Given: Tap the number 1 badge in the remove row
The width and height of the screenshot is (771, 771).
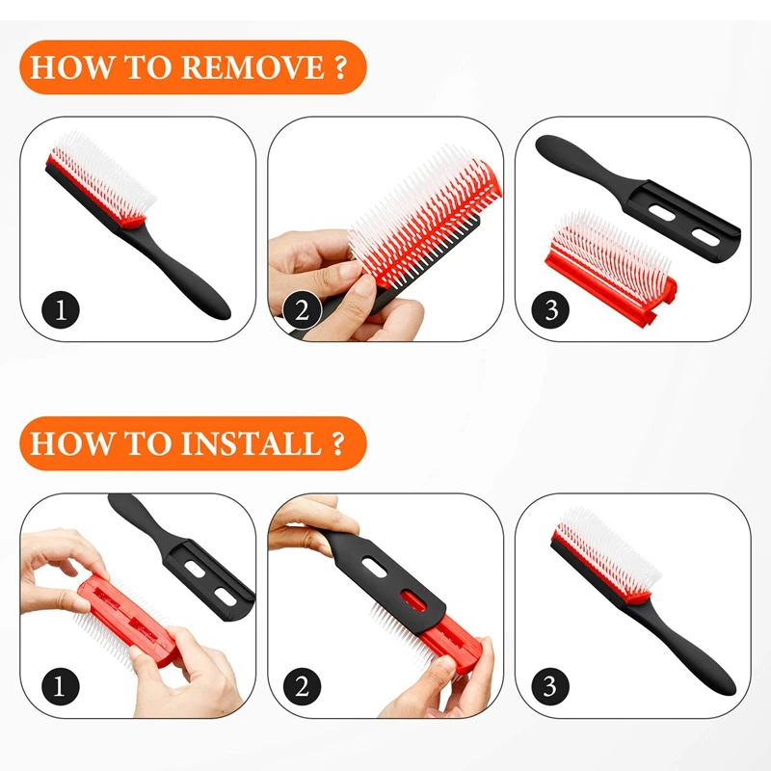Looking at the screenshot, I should click(61, 310).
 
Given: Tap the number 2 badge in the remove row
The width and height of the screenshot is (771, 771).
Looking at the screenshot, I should click(302, 310).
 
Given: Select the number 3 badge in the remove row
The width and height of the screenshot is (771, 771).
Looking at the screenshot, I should click(550, 310).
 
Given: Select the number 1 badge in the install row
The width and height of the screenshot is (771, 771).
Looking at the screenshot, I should click(61, 686).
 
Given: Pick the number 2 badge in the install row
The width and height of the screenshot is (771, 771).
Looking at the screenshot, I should click(302, 686).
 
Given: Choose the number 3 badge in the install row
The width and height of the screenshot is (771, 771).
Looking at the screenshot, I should click(550, 686).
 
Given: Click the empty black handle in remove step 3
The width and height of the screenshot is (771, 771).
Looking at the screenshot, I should click(626, 183).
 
